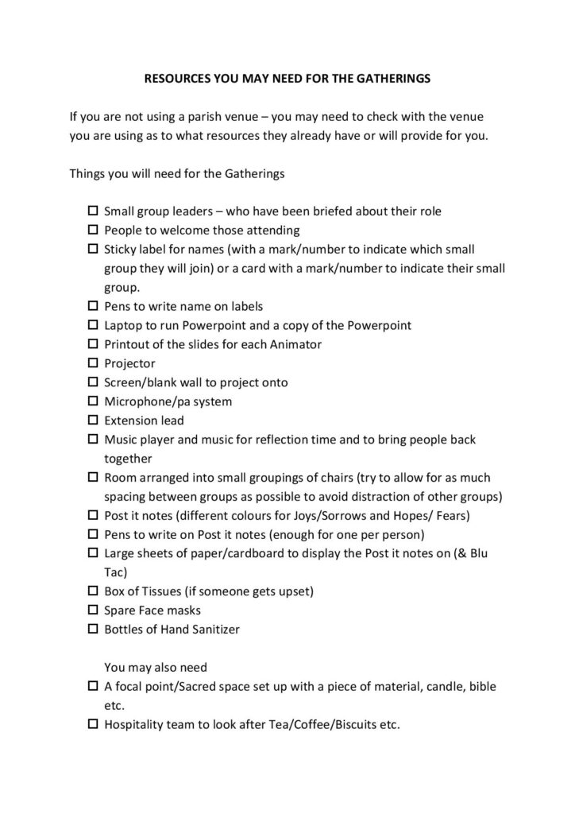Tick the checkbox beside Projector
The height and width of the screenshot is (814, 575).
pos(92,363)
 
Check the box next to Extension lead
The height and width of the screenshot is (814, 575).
pos(92,420)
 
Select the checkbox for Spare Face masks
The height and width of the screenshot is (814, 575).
pos(92,610)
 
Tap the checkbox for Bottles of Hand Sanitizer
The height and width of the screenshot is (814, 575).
pos(92,630)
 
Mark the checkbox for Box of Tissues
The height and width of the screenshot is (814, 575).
pos(92,591)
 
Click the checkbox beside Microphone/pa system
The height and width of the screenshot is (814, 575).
pos(92,401)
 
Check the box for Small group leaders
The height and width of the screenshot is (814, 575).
pos(92,211)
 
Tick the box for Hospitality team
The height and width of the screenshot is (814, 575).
pos(92,724)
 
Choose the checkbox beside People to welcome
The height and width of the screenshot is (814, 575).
pos(92,231)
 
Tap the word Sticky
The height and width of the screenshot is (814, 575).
pos(122,250)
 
